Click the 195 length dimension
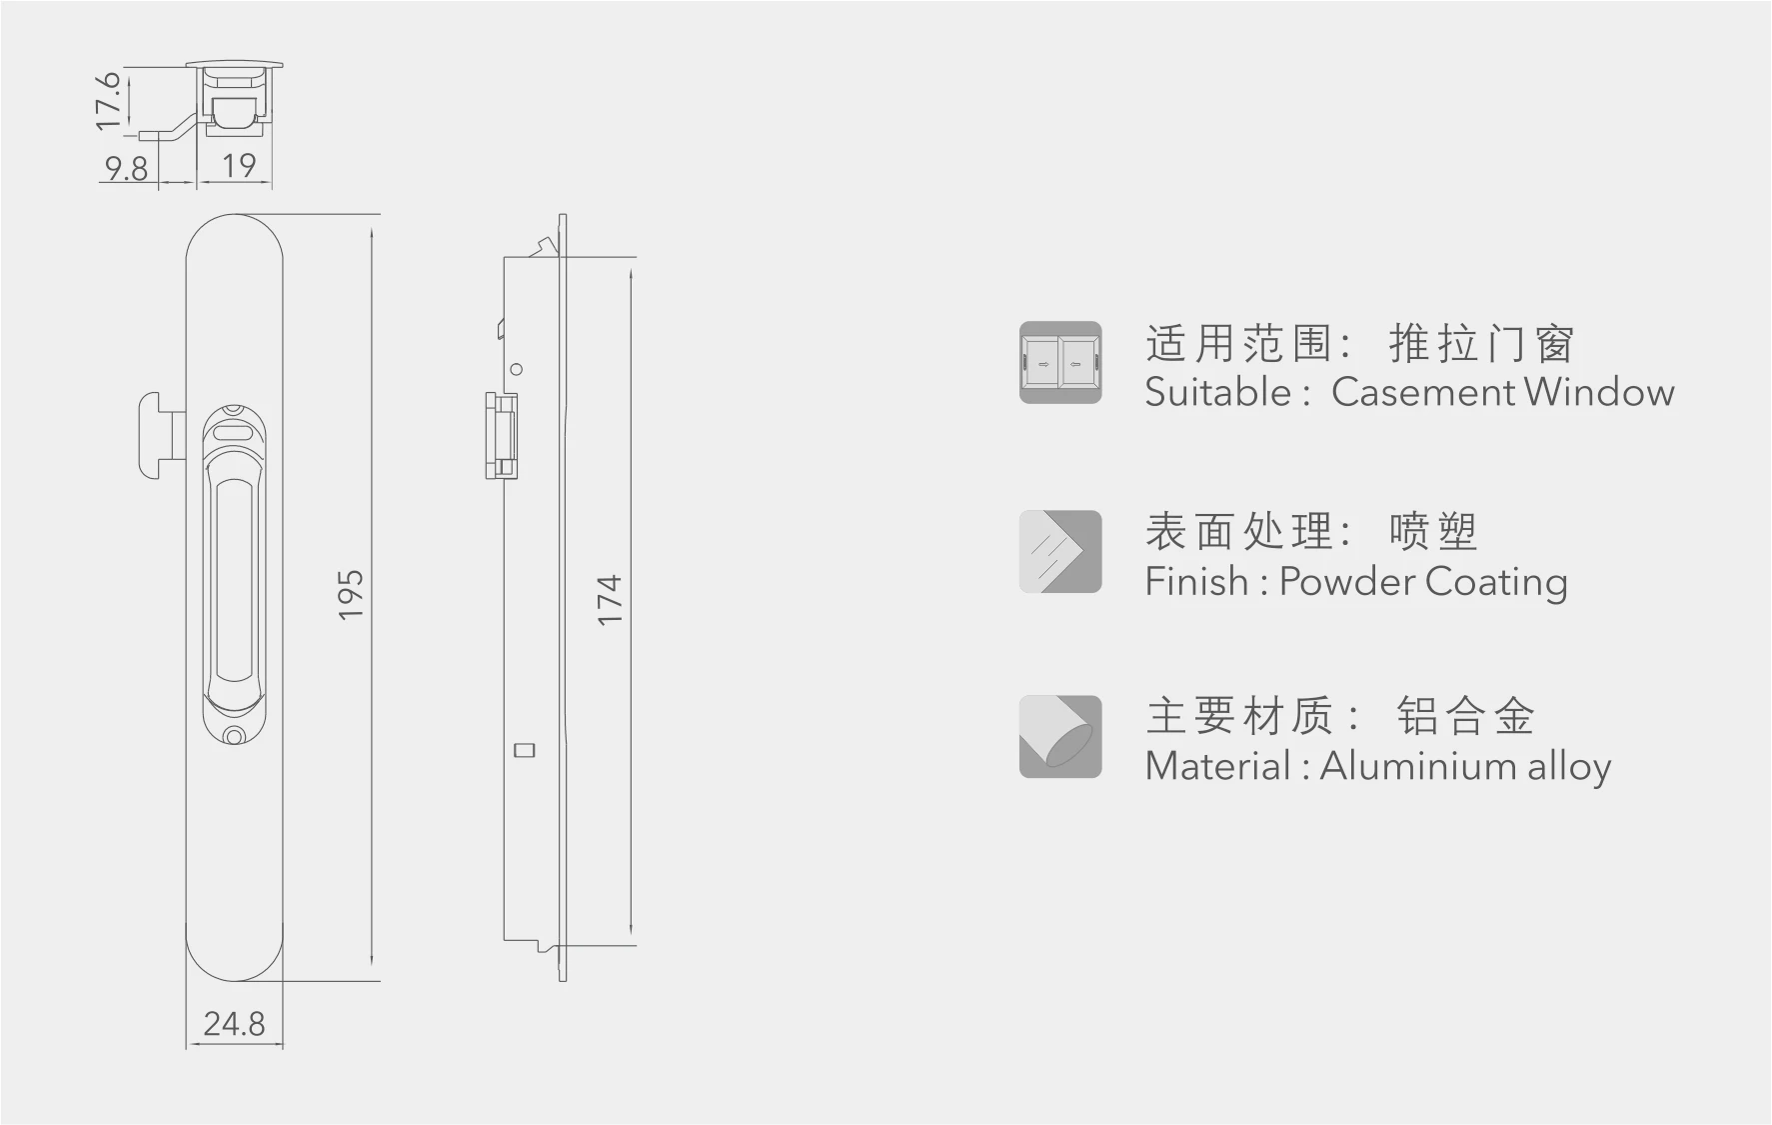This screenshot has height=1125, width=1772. click(x=351, y=595)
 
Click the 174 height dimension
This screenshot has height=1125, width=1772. click(x=609, y=600)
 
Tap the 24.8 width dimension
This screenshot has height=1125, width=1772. click(x=234, y=1024)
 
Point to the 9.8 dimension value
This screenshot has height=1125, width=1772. click(x=126, y=168)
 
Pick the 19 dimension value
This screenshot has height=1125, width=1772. click(x=239, y=166)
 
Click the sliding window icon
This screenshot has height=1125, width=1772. click(x=1060, y=363)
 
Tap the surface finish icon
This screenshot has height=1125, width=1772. click(x=1060, y=552)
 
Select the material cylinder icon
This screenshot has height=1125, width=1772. click(x=1060, y=737)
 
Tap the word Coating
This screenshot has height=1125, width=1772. click(x=1496, y=581)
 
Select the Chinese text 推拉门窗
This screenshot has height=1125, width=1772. click(x=1481, y=344)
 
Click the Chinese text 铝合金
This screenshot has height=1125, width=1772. click(x=1465, y=716)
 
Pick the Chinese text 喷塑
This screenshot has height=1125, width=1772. click(x=1432, y=531)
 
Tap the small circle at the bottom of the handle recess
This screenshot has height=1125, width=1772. click(x=234, y=737)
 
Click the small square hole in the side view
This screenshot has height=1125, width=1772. click(x=524, y=750)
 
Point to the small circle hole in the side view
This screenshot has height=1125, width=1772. click(x=517, y=369)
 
